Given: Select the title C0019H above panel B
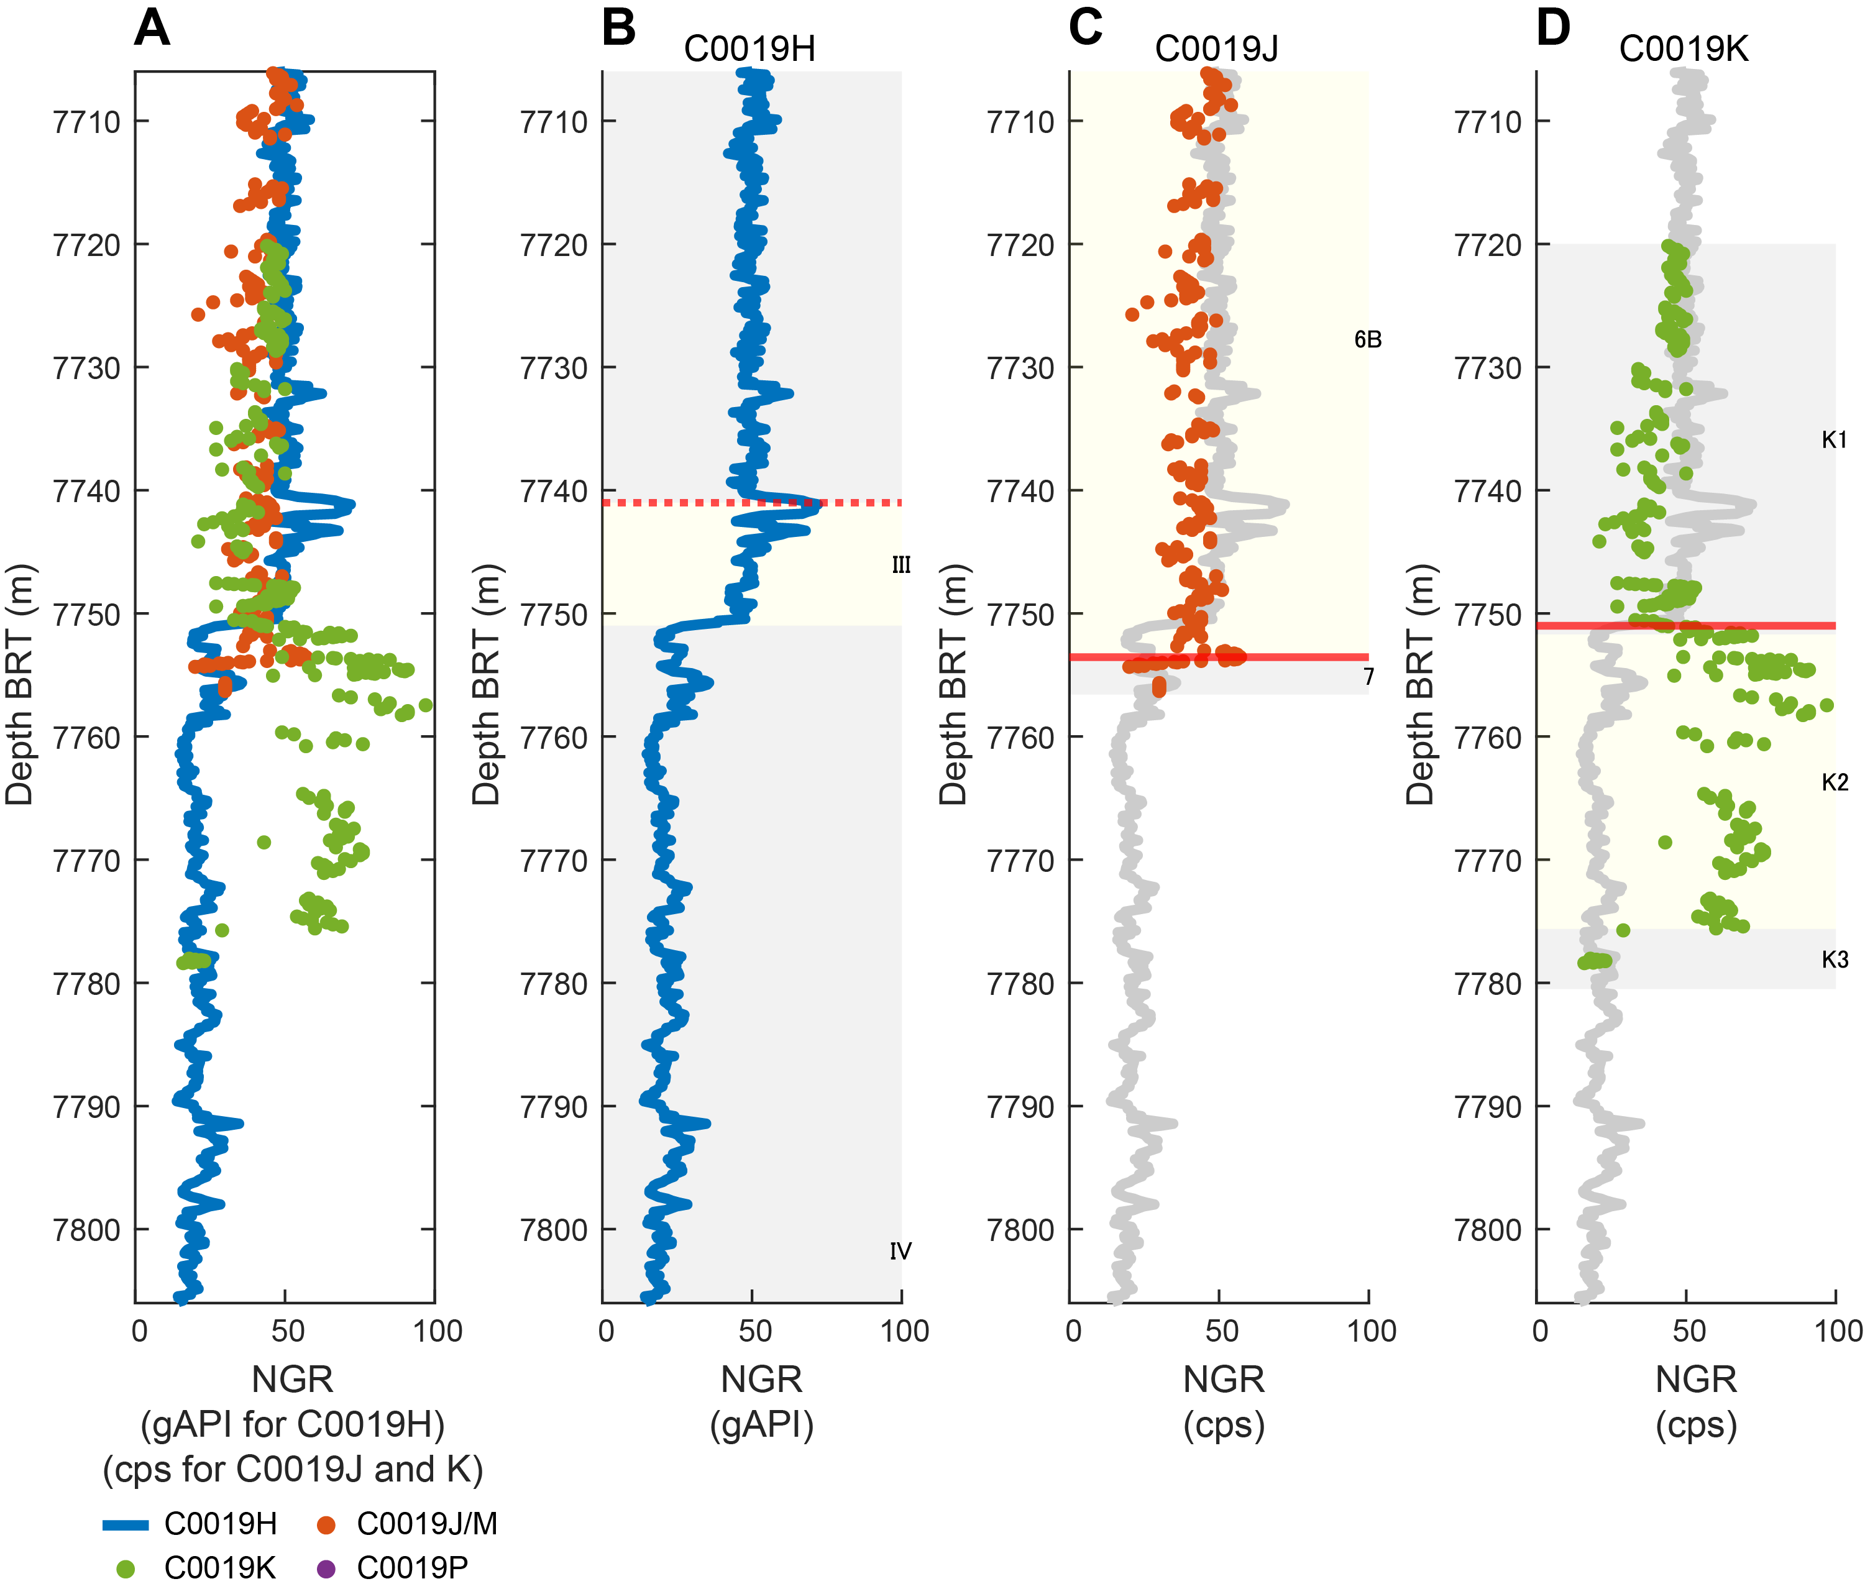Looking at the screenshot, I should [749, 48].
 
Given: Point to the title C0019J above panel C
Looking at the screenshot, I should [1216, 48].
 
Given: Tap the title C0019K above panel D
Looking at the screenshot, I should [1683, 48].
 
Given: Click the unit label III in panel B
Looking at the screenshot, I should [901, 566].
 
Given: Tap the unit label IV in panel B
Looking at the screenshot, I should [900, 1252].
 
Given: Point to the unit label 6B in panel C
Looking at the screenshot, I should [1367, 339].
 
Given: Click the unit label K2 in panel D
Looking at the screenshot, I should [1835, 782].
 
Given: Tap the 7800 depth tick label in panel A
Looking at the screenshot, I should [87, 1230].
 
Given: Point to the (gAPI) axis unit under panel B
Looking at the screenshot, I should [761, 1424].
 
